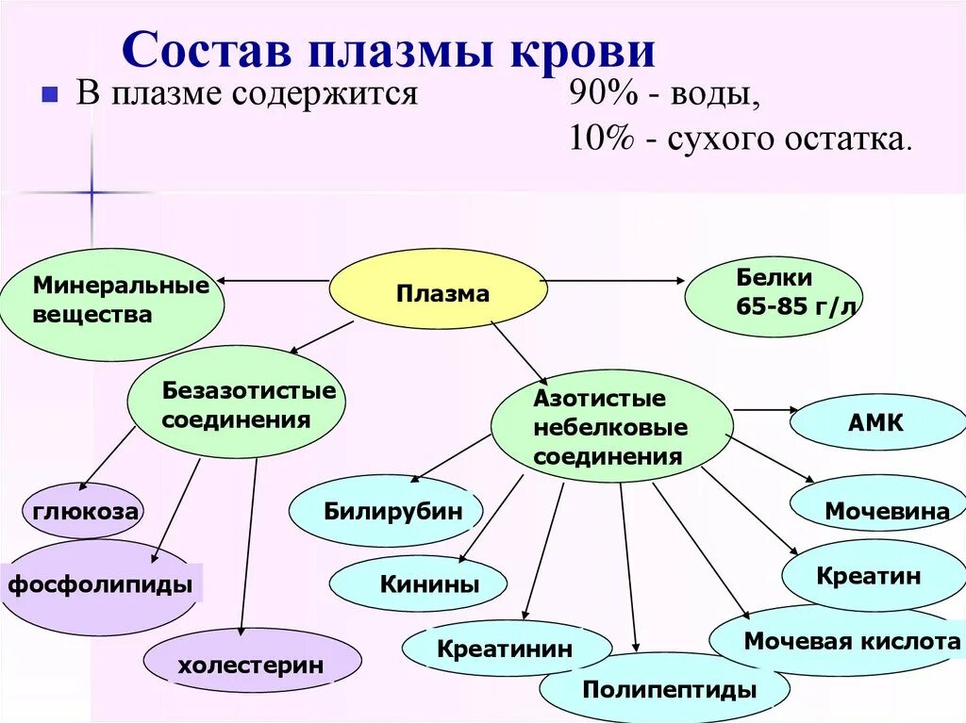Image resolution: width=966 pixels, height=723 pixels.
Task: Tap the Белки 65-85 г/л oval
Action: click(773, 296)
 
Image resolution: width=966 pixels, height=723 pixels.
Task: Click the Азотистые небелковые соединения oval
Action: click(611, 426)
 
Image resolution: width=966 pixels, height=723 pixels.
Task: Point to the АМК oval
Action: click(876, 422)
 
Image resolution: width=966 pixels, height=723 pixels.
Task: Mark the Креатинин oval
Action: click(503, 648)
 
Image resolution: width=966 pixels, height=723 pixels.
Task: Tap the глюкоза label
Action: click(85, 512)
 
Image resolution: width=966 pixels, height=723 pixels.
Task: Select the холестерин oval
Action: click(251, 665)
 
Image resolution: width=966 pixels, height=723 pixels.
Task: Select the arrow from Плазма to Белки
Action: click(618, 280)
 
